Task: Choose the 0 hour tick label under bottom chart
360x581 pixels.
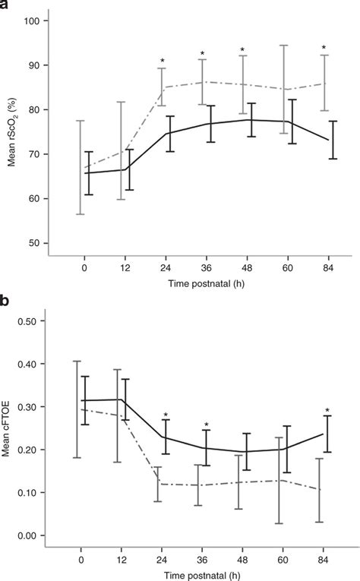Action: point(81,560)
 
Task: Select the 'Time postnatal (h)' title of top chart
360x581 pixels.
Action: point(202,283)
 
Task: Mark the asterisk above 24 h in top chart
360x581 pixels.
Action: point(162,62)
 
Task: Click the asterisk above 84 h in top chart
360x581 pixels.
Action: point(324,48)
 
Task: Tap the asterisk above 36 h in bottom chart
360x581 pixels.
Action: point(206,425)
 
